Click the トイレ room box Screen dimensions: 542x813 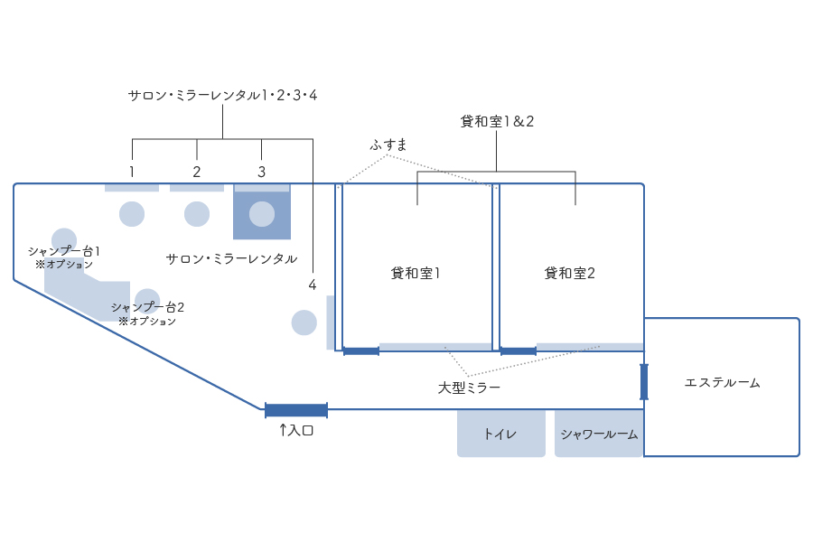[500, 434]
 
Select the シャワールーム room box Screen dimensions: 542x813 [599, 434]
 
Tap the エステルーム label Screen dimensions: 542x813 [722, 383]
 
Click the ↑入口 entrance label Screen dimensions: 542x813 [295, 431]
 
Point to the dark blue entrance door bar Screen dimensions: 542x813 [296, 410]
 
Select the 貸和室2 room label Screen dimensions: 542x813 [569, 273]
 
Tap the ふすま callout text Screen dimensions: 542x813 [388, 145]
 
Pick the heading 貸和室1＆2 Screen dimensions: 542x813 [497, 121]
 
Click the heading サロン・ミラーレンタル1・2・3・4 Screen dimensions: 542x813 [222, 95]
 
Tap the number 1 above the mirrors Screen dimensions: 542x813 [132, 172]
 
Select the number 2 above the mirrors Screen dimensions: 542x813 [197, 172]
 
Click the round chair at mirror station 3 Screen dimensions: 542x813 [262, 214]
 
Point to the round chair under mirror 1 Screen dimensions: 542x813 [132, 214]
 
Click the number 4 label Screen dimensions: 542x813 [312, 285]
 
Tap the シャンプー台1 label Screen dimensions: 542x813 [63, 251]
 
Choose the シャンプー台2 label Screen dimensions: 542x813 [147, 307]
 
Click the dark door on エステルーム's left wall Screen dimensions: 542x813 [644, 381]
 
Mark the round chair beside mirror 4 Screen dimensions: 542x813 [304, 322]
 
